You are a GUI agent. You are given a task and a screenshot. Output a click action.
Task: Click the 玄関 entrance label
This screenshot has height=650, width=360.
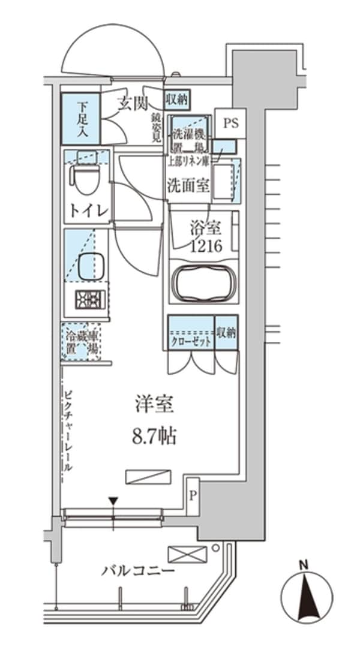click(x=132, y=104)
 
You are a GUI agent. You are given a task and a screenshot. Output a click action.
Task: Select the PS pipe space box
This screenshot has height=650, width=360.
click(x=230, y=123)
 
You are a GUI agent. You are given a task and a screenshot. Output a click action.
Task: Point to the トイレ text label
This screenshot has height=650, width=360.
click(x=88, y=210)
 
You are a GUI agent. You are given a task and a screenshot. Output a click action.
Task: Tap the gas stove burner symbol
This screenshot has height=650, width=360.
click(x=90, y=299)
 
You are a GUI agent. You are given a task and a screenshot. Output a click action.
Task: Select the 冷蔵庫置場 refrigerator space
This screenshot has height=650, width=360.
click(x=82, y=342)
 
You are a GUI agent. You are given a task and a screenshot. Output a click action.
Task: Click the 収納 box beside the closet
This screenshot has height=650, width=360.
click(x=227, y=333)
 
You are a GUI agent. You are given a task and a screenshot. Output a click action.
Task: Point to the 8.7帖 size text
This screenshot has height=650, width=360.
click(x=154, y=437)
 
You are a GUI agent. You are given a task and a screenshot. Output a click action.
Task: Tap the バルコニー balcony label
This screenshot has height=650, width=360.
click(x=138, y=570)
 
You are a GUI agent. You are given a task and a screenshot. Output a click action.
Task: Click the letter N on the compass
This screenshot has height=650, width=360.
click(x=305, y=564)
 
